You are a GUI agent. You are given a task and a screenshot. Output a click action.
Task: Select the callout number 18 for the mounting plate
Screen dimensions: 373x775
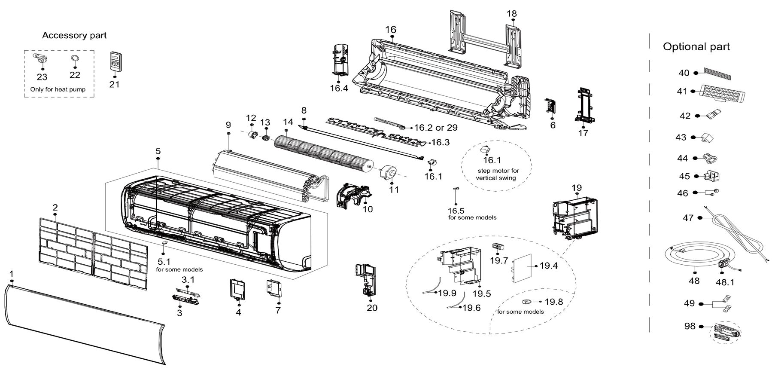[x=511, y=13]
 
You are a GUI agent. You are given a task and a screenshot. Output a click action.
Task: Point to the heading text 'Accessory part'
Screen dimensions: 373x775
[x=74, y=35]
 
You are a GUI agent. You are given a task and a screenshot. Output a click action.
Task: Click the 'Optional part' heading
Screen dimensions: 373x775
[x=696, y=46]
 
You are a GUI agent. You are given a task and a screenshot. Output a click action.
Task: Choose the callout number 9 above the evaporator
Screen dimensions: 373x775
[x=228, y=125]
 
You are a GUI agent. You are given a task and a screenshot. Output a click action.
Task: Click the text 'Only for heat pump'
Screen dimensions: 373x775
[x=58, y=89]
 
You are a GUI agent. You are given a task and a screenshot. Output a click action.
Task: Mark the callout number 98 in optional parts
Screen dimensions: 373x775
[x=690, y=327]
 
